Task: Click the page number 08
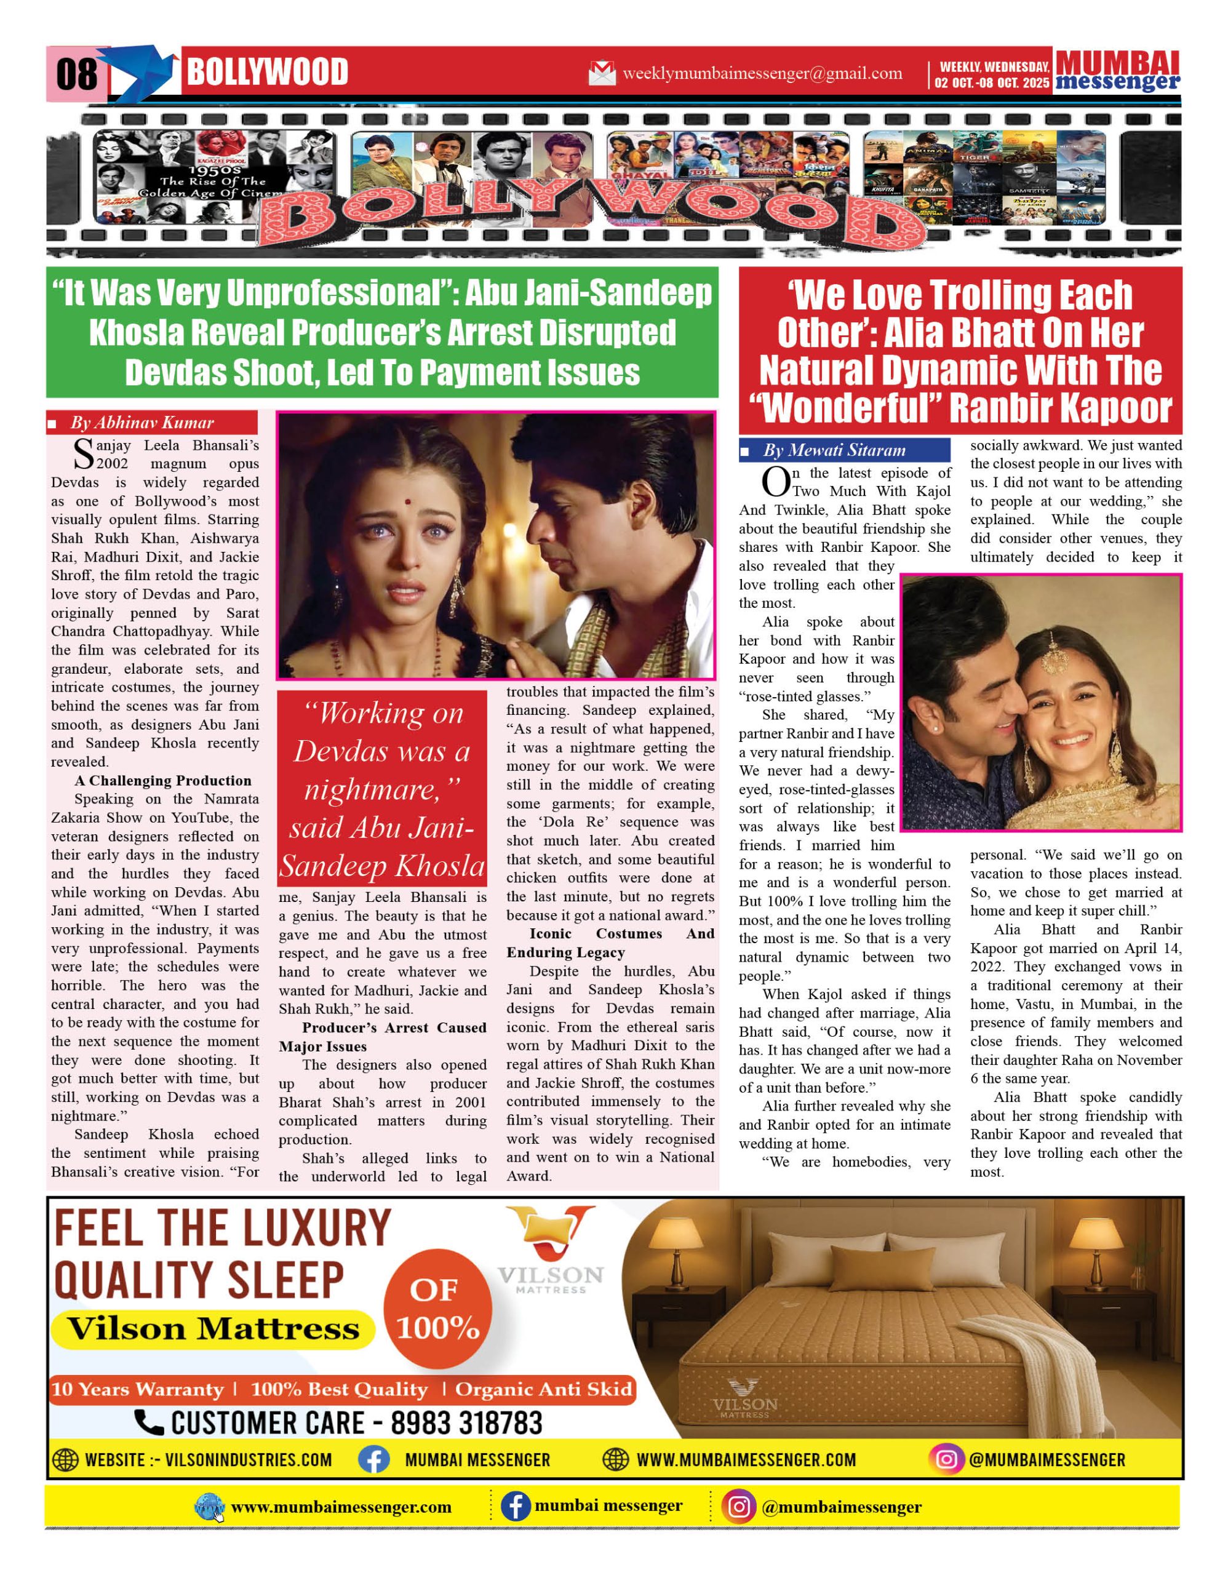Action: [x=76, y=74]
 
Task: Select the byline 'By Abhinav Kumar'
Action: [x=142, y=423]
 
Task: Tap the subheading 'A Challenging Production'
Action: [x=163, y=780]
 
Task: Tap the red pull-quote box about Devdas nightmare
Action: [x=382, y=788]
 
